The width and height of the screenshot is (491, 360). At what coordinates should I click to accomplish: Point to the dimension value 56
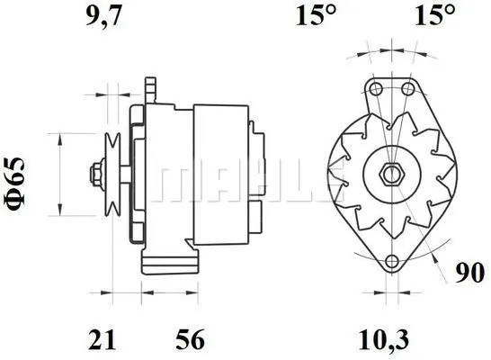tap(190, 339)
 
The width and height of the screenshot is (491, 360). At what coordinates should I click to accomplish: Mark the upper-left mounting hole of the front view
tap(376, 89)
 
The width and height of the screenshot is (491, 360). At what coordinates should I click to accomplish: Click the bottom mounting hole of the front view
tap(392, 262)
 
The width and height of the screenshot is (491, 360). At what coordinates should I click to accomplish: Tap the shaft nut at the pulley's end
tap(93, 171)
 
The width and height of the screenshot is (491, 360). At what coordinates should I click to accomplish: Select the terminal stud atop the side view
tap(150, 88)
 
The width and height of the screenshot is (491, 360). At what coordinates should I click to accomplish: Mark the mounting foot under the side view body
tap(172, 261)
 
